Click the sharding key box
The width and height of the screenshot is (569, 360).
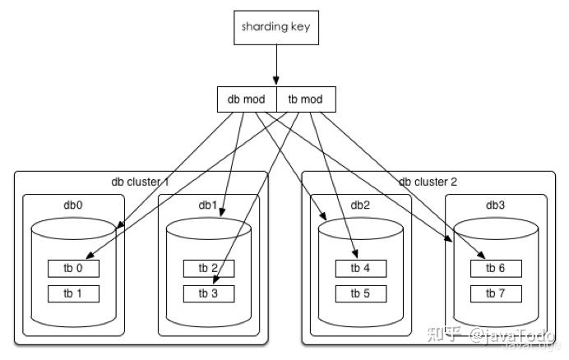[275, 26]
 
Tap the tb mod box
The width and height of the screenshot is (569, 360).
[305, 99]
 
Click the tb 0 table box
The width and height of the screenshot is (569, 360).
[73, 268]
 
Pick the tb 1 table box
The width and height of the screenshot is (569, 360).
[73, 293]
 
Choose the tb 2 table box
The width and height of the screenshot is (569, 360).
[208, 268]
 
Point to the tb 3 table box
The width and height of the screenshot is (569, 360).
[208, 293]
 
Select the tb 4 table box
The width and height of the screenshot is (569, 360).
[361, 268]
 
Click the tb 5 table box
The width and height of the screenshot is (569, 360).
[361, 293]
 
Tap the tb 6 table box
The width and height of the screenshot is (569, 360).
[496, 268]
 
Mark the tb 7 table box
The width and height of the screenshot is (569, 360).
[496, 293]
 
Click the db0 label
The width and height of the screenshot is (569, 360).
[72, 205]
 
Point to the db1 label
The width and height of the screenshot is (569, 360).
[207, 205]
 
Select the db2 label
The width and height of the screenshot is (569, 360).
[361, 205]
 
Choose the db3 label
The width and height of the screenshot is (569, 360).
[496, 205]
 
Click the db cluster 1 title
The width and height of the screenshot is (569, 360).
[140, 182]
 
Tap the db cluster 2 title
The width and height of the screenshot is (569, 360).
[428, 182]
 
